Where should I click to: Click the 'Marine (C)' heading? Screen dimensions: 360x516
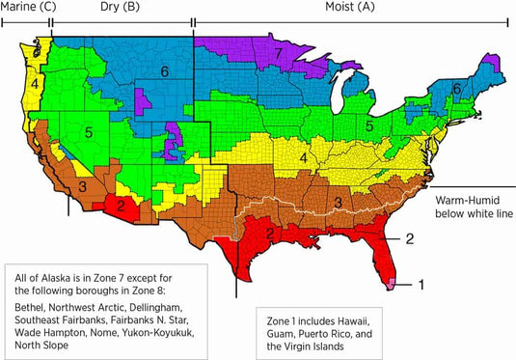28,7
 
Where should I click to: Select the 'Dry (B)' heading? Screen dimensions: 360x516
118,7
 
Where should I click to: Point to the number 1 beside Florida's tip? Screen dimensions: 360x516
421,284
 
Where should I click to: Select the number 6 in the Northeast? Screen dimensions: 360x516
456,88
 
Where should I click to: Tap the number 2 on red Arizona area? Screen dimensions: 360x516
122,205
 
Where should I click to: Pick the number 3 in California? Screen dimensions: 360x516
83,185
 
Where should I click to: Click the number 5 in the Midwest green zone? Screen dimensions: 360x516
368,125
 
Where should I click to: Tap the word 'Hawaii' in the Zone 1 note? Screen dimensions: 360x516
350,319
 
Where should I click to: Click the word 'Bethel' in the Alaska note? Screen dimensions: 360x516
30,302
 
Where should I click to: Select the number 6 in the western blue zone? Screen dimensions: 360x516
165,70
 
